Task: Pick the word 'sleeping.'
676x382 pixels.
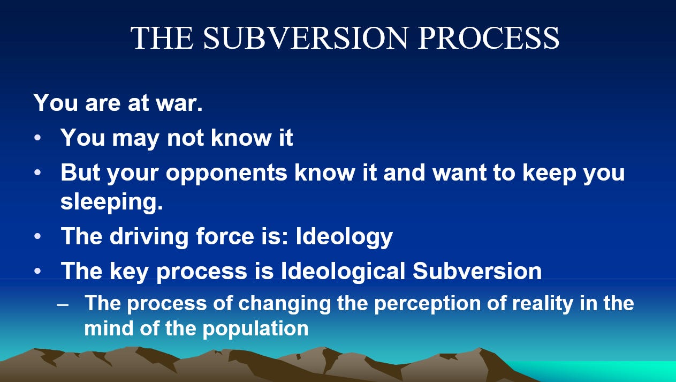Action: click(111, 203)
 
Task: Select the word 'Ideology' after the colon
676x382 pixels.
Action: click(337, 236)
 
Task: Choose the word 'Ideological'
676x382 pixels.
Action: click(343, 271)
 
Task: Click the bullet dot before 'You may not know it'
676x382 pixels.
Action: click(37, 139)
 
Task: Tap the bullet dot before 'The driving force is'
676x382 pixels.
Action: click(37, 237)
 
